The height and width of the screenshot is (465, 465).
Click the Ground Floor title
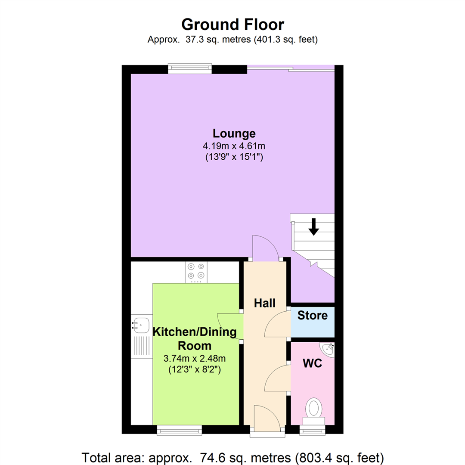click(232, 24)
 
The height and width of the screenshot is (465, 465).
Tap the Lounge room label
click(234, 133)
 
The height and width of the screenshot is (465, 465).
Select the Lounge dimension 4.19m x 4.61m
click(234, 146)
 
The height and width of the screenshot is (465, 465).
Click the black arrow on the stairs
click(314, 226)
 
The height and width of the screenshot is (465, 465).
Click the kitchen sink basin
click(140, 325)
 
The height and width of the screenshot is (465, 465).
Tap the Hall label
click(264, 303)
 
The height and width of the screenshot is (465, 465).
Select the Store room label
click(313, 316)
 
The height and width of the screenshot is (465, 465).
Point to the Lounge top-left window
click(190, 69)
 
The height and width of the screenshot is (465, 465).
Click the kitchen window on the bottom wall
click(179, 429)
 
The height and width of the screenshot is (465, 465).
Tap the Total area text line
click(232, 456)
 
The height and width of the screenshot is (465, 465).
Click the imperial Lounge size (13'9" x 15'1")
click(234, 157)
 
